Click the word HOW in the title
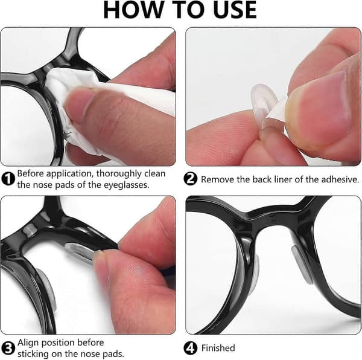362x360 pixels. [132, 10]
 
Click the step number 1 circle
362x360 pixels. [8, 179]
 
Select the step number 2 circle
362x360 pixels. [190, 179]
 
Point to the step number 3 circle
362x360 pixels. [8, 348]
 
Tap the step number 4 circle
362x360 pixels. [190, 348]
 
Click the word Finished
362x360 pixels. [218, 348]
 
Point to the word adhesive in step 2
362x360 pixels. [340, 179]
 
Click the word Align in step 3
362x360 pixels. [27, 343]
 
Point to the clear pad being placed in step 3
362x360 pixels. [80, 253]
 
